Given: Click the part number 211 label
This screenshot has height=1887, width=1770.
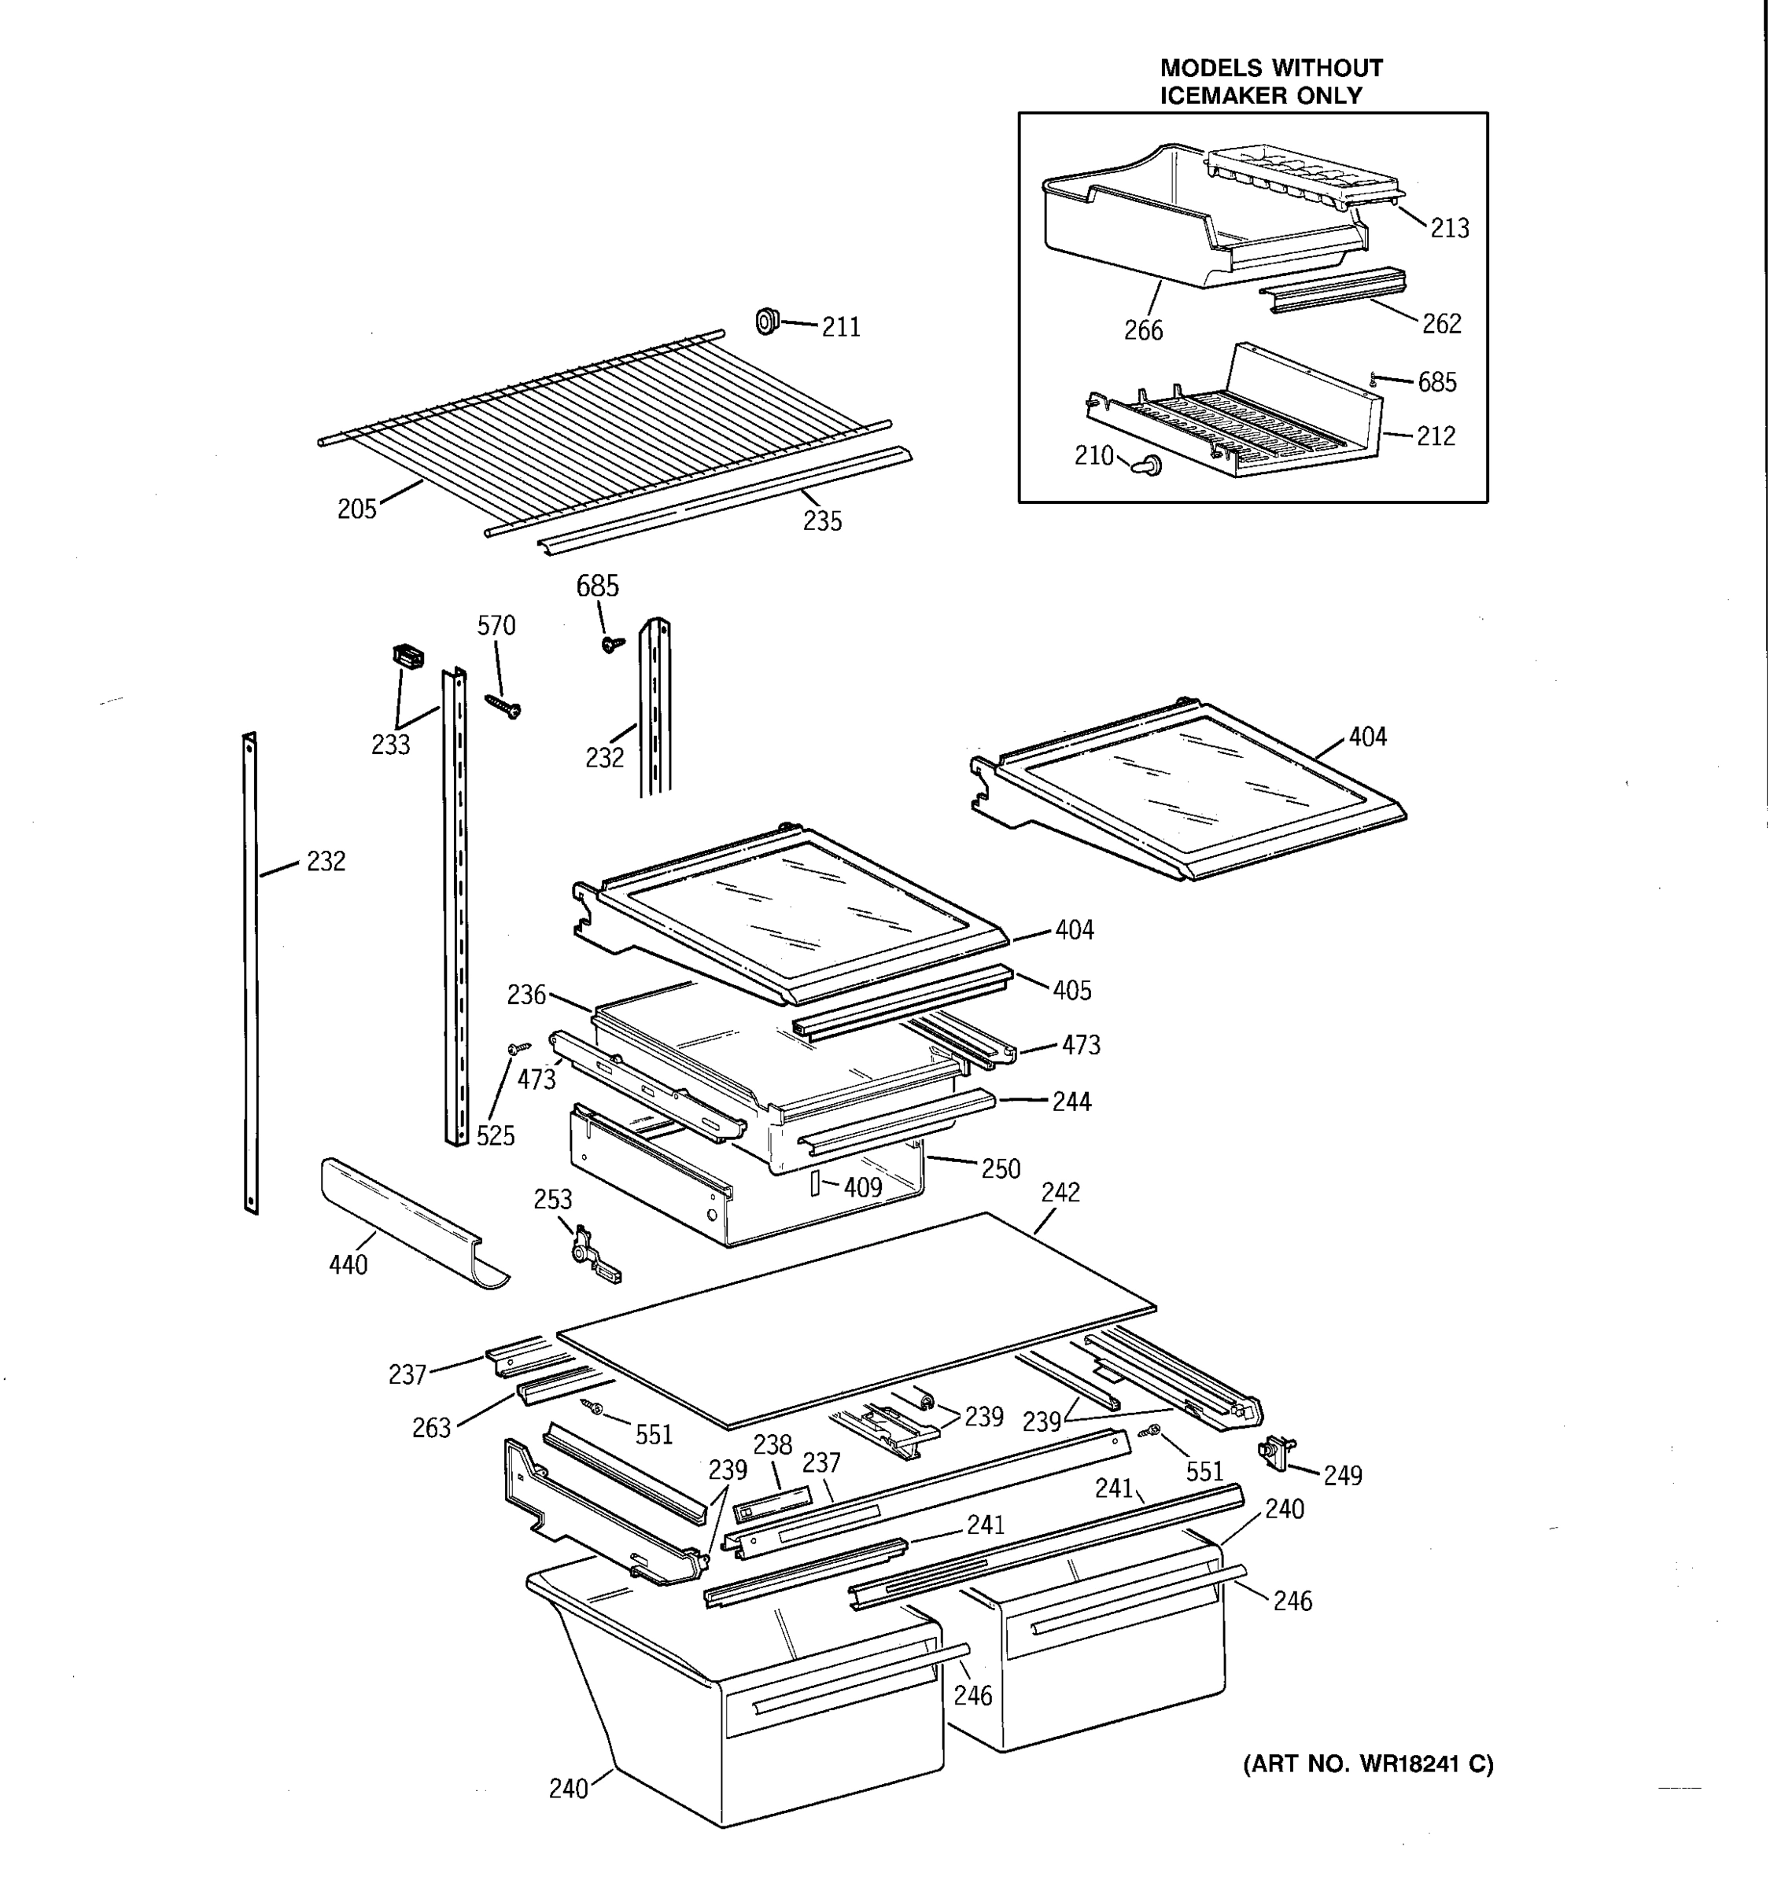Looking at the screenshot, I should (x=840, y=326).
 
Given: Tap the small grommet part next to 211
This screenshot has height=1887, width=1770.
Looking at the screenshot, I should (x=766, y=322).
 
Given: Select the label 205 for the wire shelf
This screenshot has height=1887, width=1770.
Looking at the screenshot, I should (x=357, y=509).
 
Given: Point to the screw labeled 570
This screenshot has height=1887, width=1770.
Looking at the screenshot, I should (x=503, y=706).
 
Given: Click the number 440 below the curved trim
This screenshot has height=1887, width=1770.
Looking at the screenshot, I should (x=348, y=1264).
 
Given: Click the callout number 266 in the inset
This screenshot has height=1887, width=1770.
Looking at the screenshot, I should (x=1142, y=330).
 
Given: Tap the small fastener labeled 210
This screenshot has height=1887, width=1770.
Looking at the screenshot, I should (x=1150, y=465).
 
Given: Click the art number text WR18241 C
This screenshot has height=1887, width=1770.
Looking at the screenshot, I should (x=1426, y=1764).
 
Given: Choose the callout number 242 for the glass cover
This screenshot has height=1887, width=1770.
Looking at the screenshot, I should (x=1060, y=1192).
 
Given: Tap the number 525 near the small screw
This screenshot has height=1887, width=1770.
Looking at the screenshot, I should (x=495, y=1135).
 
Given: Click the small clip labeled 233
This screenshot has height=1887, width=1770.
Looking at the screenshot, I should (x=407, y=656).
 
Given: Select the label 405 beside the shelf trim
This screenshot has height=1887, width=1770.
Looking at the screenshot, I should (x=1071, y=990).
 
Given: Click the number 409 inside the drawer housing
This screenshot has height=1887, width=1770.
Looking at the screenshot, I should (x=862, y=1186).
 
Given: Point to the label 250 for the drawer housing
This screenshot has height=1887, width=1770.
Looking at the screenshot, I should (x=1000, y=1168).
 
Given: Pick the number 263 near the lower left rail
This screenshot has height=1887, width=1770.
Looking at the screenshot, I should (x=430, y=1428).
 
